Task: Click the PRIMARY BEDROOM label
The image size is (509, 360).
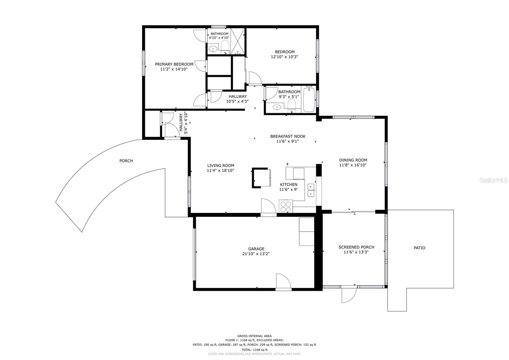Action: click(x=174, y=64)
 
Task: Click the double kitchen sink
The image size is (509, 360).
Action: click(x=311, y=191)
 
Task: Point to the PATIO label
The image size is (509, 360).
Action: click(x=419, y=248)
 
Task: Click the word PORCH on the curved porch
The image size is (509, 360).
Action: click(x=126, y=161)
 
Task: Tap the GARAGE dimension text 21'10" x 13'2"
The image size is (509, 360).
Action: click(x=256, y=254)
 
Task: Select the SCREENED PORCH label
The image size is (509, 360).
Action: click(x=356, y=247)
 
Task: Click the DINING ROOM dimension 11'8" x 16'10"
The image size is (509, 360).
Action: click(x=353, y=165)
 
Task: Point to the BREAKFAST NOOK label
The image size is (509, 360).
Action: click(x=288, y=136)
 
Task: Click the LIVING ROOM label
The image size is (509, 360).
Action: click(x=220, y=165)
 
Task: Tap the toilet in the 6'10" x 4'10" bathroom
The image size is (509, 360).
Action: click(x=225, y=47)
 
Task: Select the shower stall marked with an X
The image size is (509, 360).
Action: click(x=238, y=41)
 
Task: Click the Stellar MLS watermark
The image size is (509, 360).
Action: click(x=493, y=180)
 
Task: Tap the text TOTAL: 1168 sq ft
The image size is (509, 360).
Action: click(x=254, y=349)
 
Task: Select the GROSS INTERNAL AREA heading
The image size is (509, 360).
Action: click(x=254, y=336)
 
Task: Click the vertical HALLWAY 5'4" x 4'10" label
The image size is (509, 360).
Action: click(x=183, y=122)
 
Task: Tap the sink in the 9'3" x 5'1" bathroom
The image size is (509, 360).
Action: click(x=277, y=107)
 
